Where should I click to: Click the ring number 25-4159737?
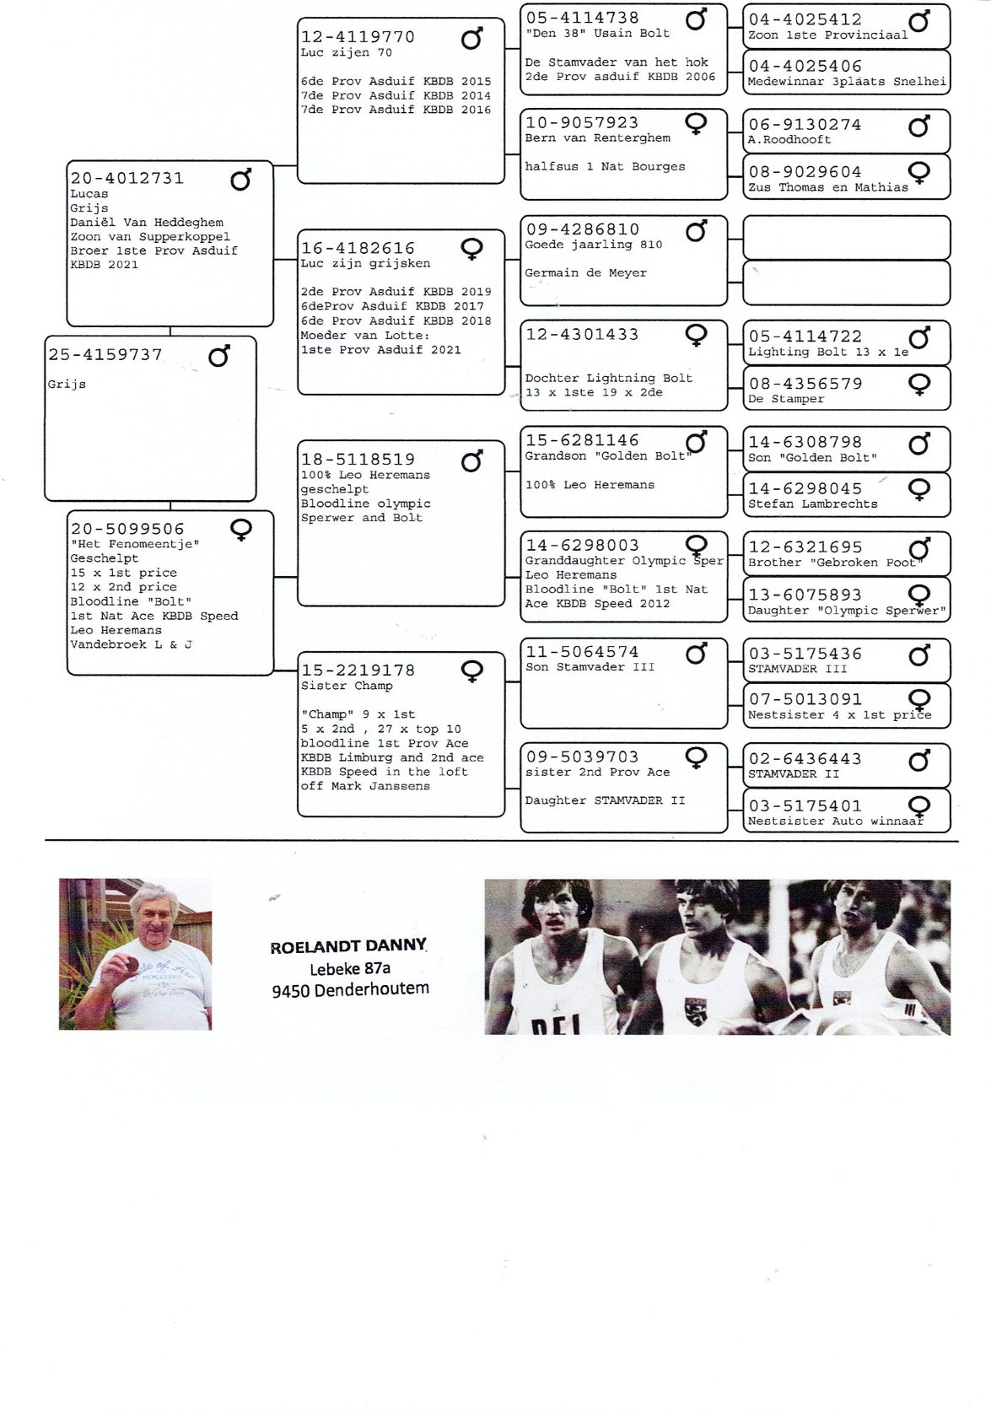point(105,354)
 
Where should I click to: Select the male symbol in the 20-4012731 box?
point(240,180)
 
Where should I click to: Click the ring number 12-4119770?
point(358,37)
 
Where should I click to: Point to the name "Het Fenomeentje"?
point(135,544)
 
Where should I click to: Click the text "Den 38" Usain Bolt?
point(597,34)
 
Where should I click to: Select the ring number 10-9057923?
point(582,122)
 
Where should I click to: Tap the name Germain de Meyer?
point(586,272)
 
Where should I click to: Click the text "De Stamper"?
point(785,399)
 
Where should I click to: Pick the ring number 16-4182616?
point(358,248)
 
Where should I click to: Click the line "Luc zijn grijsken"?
point(365,263)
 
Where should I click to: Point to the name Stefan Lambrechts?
point(813,504)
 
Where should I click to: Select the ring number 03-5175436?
point(805,654)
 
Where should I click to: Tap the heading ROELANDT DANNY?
point(348,946)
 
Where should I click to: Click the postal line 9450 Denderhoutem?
point(350,990)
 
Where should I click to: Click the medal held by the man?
point(133,966)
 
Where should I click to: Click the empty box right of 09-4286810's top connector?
point(846,238)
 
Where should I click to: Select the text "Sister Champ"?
point(347,686)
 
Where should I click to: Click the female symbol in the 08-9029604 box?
point(919,173)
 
